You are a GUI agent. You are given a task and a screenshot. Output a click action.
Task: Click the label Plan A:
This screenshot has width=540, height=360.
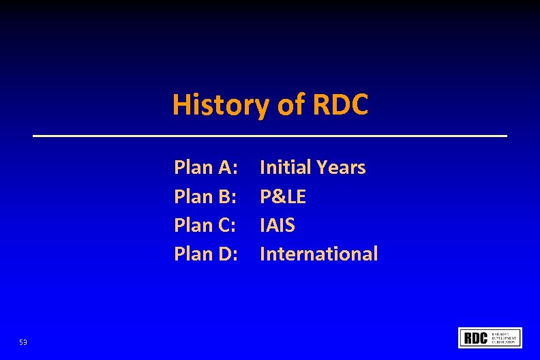(206, 168)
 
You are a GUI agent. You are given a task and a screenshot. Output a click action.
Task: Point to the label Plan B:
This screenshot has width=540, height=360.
(205, 197)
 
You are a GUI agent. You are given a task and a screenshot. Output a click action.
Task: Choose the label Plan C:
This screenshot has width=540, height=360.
(205, 225)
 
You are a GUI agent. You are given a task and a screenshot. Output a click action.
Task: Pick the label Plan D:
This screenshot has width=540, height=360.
(206, 254)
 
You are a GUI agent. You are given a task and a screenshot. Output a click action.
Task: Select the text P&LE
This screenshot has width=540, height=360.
(283, 197)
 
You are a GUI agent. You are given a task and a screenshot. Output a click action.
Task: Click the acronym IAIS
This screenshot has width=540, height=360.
(277, 225)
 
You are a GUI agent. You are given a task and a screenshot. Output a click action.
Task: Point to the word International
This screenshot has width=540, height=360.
(318, 254)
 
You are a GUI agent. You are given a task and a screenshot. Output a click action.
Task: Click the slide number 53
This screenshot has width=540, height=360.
(23, 342)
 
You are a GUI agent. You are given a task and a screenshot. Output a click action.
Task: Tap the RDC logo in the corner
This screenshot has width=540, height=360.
(490, 337)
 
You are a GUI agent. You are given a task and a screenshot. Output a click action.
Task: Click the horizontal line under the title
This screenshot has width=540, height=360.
(270, 136)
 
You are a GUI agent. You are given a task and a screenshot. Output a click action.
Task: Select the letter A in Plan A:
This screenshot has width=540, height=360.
(225, 168)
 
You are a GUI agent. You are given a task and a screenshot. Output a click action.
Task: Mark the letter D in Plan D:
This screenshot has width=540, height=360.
(226, 254)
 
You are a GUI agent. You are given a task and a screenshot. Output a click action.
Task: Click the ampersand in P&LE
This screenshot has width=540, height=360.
(277, 197)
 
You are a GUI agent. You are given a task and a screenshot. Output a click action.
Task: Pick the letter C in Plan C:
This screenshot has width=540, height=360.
(225, 225)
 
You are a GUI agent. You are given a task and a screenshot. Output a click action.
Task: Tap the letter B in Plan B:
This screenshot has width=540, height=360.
(225, 197)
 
